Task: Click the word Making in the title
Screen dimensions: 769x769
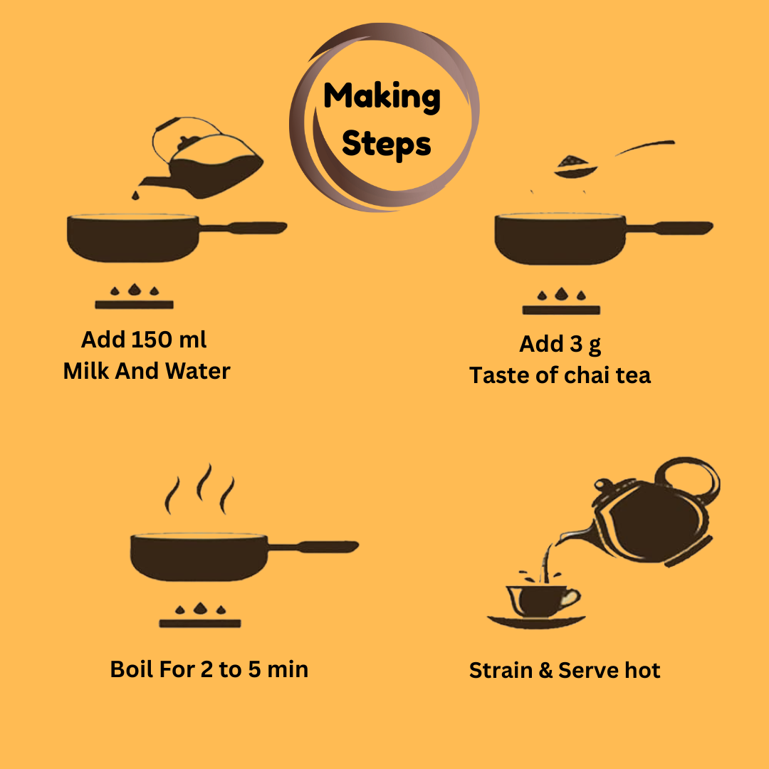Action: pos(382,97)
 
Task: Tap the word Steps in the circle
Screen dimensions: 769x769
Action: pos(386,144)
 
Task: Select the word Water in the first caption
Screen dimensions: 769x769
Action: pos(198,371)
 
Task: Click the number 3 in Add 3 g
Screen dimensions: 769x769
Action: pos(576,344)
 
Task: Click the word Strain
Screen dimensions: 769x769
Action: pos(501,671)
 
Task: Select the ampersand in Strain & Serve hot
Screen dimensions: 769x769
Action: pos(545,671)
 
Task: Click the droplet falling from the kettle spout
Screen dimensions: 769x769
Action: pos(135,195)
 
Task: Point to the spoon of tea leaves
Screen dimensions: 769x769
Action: pos(614,159)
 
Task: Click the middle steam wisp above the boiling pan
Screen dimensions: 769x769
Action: pos(204,482)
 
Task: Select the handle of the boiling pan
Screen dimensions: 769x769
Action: pos(314,546)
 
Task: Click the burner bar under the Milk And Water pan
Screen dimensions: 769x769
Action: pos(134,305)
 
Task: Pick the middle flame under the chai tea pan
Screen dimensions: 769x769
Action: pos(561,293)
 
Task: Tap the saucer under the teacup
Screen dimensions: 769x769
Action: pos(536,622)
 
